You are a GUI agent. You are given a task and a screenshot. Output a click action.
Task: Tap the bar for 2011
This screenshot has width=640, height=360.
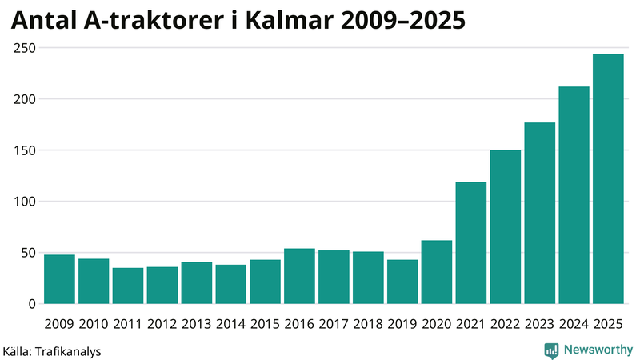pos(128,286)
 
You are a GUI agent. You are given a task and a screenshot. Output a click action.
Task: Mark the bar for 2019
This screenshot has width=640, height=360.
pos(402,282)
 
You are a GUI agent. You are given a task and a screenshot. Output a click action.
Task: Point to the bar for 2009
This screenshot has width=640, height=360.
pos(59,279)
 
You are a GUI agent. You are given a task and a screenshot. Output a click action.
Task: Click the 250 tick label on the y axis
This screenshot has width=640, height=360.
pos(25,48)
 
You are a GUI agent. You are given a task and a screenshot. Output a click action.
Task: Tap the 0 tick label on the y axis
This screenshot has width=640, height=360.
pos(33,304)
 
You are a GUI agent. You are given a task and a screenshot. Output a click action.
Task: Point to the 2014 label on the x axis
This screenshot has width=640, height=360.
pos(230,324)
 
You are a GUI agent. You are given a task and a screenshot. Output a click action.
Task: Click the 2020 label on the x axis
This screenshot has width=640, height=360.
pos(437,324)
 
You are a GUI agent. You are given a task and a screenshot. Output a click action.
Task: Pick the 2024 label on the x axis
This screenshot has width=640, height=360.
pos(574,324)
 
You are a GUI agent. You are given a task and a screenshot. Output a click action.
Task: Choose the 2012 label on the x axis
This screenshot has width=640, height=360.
pos(162,324)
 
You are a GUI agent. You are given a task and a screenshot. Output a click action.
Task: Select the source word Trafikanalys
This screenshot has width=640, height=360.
pos(70,350)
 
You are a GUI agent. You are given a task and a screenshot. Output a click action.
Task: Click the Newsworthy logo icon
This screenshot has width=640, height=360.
pos(551,350)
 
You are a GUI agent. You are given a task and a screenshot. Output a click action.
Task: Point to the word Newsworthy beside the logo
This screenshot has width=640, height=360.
pos(596,350)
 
